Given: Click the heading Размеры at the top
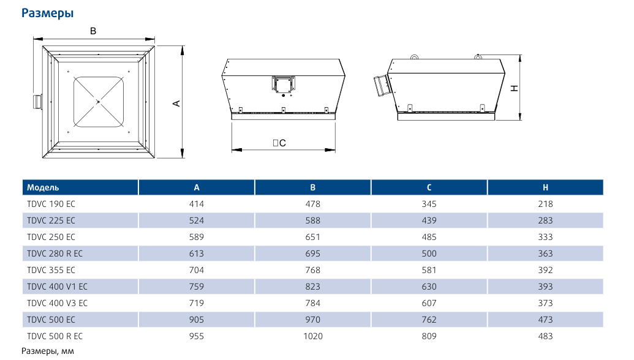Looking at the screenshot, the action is point(47,13).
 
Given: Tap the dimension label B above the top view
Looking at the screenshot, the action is point(93,31).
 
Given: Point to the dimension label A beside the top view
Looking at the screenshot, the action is point(176,104).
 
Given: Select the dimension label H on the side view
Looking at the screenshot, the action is point(515,88).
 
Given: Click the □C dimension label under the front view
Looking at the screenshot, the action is point(279,143).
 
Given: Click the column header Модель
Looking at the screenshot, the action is point(43,187).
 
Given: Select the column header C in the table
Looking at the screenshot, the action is point(429,187).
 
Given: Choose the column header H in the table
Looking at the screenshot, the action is point(545,187).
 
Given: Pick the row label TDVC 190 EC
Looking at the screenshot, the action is point(51,204).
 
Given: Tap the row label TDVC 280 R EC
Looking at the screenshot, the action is point(55,253).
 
